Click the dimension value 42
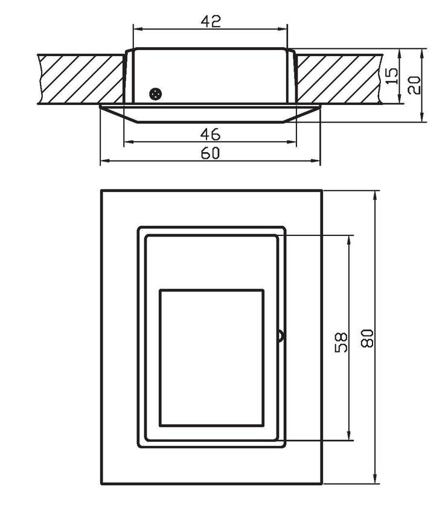[211, 21]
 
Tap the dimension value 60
[210, 153]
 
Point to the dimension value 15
[392, 76]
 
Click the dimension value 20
[414, 84]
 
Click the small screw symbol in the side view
[156, 94]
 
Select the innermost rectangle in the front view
[211, 358]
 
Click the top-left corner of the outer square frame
[101, 191]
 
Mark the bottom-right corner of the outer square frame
[322, 484]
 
